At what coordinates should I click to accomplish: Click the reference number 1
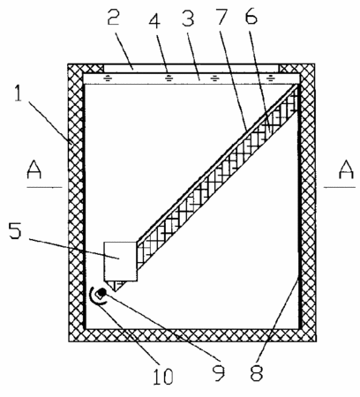(x=19, y=93)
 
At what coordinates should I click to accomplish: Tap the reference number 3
(x=188, y=17)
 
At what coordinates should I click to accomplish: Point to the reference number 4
(x=154, y=19)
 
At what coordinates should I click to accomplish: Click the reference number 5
(x=15, y=228)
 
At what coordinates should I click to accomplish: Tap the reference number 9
(x=220, y=371)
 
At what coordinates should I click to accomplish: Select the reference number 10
(x=163, y=376)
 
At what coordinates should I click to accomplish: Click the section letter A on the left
(x=34, y=169)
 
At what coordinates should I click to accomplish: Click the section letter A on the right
(x=346, y=169)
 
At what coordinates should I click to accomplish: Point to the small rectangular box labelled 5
(x=120, y=261)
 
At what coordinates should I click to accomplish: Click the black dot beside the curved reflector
(x=101, y=293)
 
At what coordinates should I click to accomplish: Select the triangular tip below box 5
(x=116, y=286)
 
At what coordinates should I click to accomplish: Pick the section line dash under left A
(x=44, y=187)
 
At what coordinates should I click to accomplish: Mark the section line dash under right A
(x=340, y=187)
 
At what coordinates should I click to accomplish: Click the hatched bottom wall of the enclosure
(x=192, y=335)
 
